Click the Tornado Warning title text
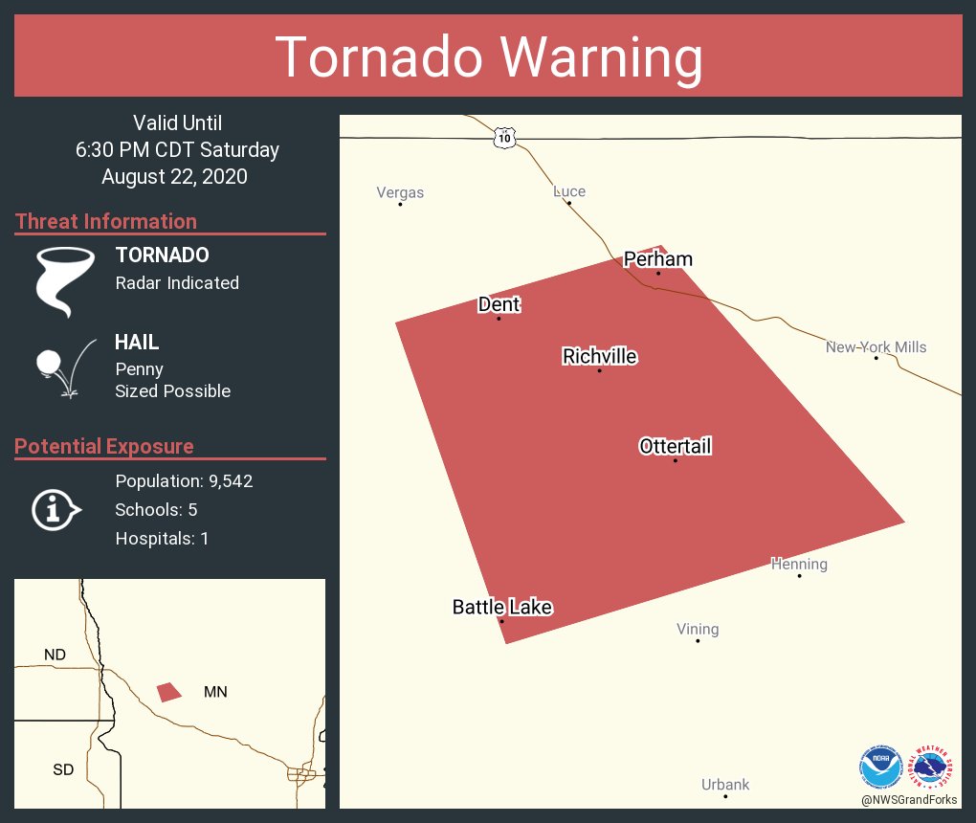coord(488,57)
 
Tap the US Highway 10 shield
coord(505,139)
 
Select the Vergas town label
coord(400,192)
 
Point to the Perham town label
coord(658,259)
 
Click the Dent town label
coord(499,304)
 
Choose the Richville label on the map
coord(600,357)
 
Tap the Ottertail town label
coord(676,446)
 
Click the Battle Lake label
coord(502,607)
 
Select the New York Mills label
coord(876,346)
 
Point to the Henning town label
coord(799,565)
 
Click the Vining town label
coord(698,629)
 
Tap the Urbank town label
coord(725,785)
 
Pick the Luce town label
coord(569,191)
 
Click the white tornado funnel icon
coord(64,280)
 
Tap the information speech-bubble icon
coord(55,509)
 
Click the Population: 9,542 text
coord(184,481)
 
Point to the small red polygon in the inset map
coord(169,691)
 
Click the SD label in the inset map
coord(63,769)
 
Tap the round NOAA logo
coord(880,767)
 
